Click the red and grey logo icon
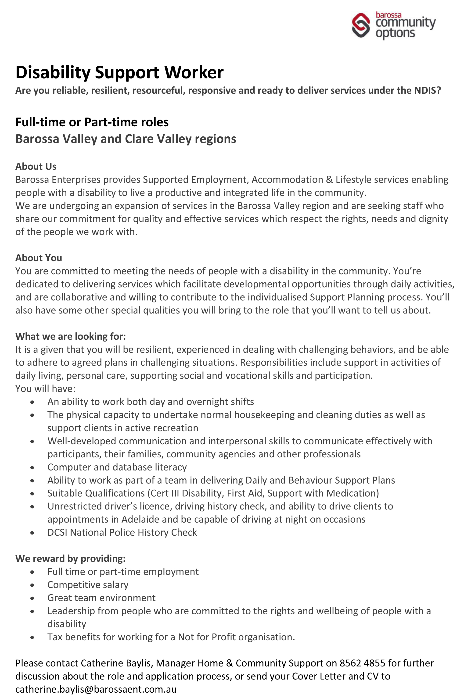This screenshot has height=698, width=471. click(361, 25)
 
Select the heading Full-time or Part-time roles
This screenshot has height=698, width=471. click(92, 122)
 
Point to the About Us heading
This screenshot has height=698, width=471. click(36, 166)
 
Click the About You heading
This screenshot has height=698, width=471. click(39, 258)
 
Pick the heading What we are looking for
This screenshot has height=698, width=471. click(71, 336)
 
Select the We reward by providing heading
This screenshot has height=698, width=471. click(70, 558)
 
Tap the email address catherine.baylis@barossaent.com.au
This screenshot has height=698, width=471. click(96, 689)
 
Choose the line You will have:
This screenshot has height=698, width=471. click(45, 388)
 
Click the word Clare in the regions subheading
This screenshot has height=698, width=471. click(139, 139)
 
